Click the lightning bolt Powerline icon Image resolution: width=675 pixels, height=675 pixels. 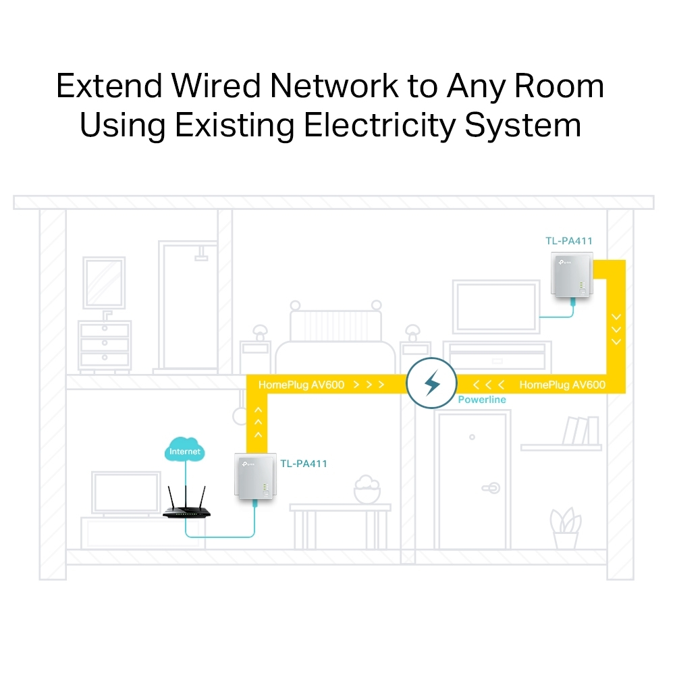(431, 385)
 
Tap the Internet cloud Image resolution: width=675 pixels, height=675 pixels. (185, 451)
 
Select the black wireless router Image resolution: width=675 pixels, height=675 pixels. (186, 510)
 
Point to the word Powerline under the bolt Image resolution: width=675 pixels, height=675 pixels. (481, 400)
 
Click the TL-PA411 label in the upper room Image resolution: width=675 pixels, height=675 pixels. (569, 240)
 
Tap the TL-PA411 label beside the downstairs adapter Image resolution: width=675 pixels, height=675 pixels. (304, 464)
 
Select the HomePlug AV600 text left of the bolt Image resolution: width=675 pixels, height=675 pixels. (301, 385)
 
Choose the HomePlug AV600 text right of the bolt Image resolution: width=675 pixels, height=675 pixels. (562, 385)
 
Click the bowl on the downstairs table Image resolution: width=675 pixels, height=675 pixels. (367, 489)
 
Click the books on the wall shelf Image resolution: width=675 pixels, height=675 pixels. (581, 430)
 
